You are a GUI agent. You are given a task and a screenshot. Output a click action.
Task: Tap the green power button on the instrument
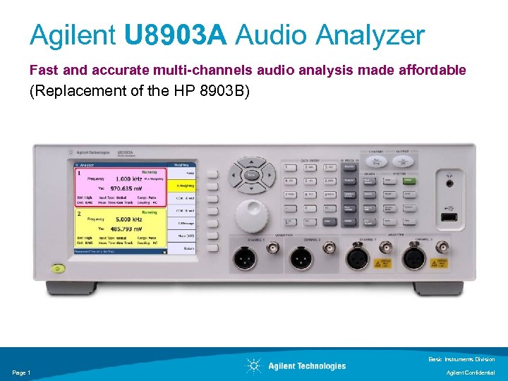click(57, 268)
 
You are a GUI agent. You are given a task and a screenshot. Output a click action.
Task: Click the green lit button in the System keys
click(407, 181)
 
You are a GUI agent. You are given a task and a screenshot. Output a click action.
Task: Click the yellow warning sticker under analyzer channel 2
click(441, 263)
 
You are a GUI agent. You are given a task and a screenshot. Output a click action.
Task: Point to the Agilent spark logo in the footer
click(254, 365)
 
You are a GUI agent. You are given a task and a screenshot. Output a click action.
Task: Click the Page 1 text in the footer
click(21, 373)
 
